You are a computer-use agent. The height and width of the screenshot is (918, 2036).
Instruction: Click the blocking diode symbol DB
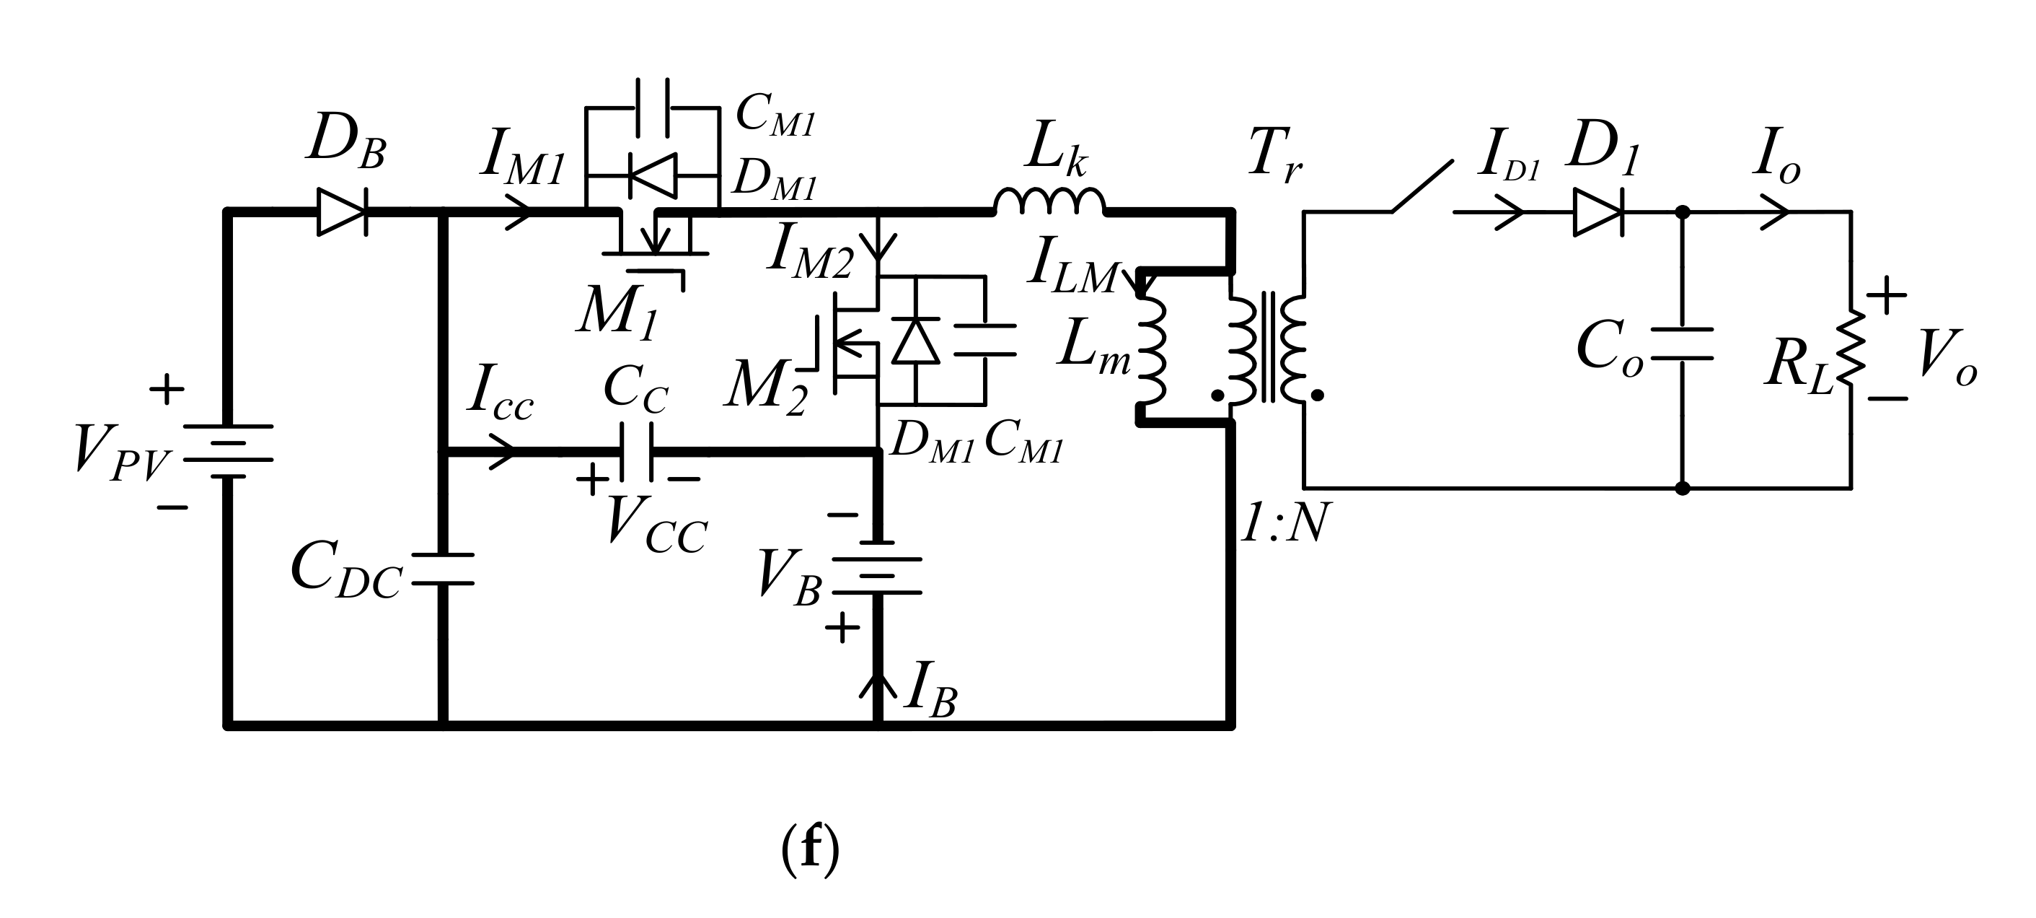coord(341,212)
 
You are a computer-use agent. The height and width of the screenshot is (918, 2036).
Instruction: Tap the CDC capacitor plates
coord(443,569)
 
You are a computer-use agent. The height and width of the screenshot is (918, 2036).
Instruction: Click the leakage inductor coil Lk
coord(1048,202)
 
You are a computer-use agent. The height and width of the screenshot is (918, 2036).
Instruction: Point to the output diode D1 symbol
coord(1597,212)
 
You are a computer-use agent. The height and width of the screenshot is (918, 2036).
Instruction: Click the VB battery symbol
coord(877,568)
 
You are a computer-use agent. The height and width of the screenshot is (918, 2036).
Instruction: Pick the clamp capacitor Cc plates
coord(637,453)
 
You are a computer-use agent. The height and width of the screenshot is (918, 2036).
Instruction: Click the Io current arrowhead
coord(1775,212)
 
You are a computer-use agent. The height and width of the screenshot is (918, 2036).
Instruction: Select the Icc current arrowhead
coord(503,453)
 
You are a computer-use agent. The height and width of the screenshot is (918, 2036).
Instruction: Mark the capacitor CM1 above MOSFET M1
coord(653,108)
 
